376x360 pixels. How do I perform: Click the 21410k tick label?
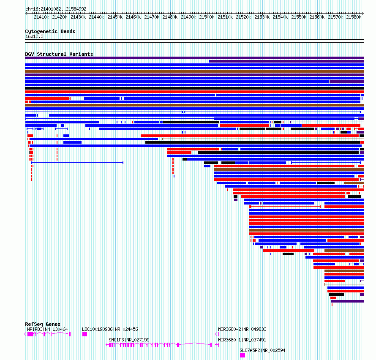[41, 17]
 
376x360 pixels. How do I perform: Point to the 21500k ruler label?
[207, 17]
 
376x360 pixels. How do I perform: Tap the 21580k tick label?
[354, 17]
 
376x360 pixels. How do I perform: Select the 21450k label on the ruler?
[115, 17]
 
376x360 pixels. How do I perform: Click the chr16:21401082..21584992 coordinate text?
[56, 9]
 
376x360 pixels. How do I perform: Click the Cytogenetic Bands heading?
[50, 31]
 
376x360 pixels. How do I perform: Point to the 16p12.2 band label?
[34, 36]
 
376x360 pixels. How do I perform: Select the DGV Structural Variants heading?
[59, 54]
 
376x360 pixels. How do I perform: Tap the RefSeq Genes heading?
[43, 324]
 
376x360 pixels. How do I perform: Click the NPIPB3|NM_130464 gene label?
[47, 329]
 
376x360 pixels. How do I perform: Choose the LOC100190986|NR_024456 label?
[110, 329]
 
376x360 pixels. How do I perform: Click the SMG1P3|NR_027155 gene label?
[129, 340]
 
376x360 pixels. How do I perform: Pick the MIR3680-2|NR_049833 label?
[242, 329]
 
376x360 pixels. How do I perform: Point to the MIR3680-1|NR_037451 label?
[242, 340]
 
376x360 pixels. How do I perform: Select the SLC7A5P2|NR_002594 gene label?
[263, 350]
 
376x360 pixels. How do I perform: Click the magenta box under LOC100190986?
[84, 334]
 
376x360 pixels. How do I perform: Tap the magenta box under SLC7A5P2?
[242, 355]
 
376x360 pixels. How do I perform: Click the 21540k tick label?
[280, 17]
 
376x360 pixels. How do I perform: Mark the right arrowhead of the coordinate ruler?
[363, 14]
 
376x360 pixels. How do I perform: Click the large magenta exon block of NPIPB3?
[30, 334]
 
